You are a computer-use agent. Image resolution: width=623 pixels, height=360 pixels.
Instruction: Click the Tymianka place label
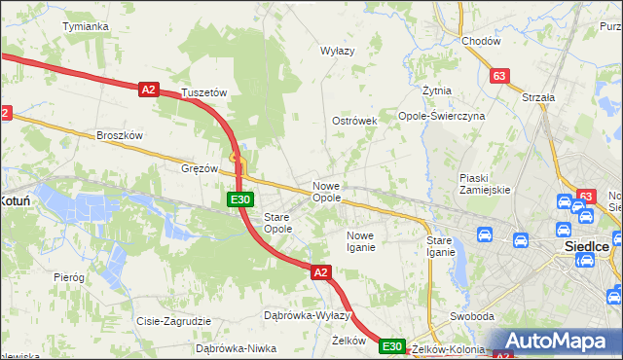pos(85,26)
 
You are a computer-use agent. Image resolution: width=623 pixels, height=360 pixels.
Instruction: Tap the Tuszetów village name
pos(204,93)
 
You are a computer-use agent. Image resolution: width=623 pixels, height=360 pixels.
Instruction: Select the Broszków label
pos(120,136)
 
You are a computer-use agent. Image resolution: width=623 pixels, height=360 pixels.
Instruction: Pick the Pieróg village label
pos(69,277)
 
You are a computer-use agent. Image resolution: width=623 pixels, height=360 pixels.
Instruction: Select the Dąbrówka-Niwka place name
pos(237,347)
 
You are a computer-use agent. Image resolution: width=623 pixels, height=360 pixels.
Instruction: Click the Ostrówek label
pos(353,121)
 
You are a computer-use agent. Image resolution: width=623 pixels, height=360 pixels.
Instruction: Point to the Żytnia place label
pos(437,90)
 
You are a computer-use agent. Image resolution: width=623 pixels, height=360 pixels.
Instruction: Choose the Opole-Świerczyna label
pos(441,116)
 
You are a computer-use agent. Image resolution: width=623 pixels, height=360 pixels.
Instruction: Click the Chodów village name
pos(481,41)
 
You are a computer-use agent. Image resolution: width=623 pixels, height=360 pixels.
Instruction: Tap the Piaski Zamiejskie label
pos(485,184)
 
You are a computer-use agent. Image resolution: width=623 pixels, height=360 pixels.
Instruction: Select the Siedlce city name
pos(587,247)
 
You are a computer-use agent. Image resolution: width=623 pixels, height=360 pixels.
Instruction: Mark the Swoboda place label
pos(469,317)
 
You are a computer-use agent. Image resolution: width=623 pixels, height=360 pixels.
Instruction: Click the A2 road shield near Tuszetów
pos(148,90)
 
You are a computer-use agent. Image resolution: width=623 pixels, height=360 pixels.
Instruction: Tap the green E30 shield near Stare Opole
pos(241,199)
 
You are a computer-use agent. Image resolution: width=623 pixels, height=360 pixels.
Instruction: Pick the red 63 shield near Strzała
pos(500,76)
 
